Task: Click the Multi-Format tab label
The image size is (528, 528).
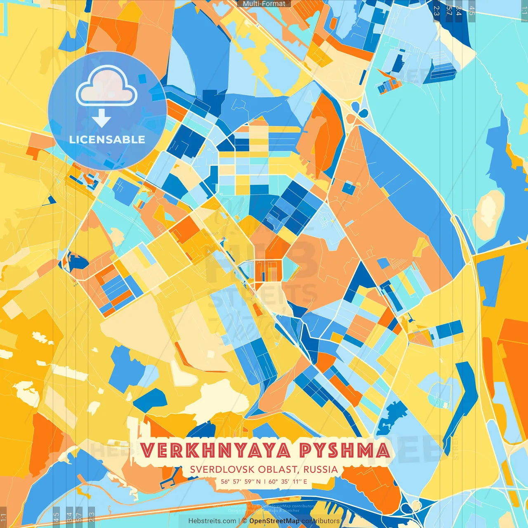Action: click(264, 4)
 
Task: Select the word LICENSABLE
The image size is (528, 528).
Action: click(107, 139)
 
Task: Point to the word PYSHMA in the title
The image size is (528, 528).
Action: click(344, 450)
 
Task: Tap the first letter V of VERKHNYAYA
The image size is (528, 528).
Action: click(146, 450)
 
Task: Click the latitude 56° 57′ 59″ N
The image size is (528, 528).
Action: click(240, 481)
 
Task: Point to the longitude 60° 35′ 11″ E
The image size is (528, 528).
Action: click(288, 481)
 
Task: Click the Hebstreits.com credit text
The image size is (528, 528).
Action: click(212, 521)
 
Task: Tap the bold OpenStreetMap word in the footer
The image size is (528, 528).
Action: click(274, 521)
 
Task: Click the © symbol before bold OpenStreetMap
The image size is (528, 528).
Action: click(245, 521)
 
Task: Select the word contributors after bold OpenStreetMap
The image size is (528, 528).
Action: click(321, 521)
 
